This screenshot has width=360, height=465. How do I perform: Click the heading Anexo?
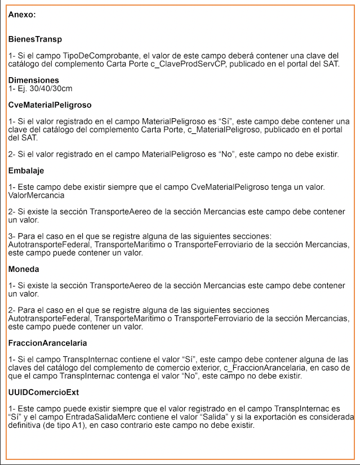22,15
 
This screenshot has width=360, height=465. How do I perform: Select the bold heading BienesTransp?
35,39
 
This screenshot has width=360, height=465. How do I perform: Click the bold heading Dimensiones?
34,81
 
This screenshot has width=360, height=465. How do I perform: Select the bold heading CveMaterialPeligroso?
50,105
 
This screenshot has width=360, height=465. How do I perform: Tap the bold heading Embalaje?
26,171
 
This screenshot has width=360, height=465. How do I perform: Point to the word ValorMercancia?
36,195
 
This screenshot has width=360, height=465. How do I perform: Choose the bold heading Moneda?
24,269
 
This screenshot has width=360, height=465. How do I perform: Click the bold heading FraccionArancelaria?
47,343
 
